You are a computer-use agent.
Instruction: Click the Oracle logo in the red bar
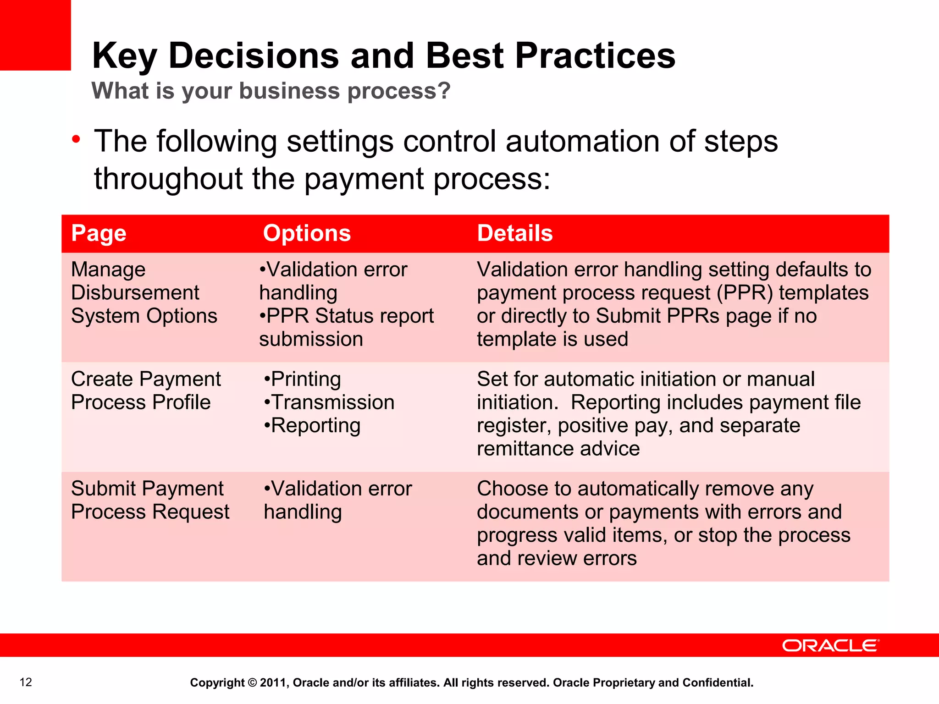830,645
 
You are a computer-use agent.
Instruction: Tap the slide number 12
26,682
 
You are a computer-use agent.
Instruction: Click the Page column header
99,233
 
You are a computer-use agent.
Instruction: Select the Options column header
307,233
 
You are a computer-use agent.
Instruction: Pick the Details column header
515,233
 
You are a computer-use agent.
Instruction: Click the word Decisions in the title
254,55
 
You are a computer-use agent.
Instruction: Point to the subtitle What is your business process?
271,91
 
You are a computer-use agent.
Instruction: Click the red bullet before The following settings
76,139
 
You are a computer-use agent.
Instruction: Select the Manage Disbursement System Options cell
144,292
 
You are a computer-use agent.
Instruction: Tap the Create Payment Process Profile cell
146,390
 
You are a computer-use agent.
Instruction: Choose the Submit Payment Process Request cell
150,500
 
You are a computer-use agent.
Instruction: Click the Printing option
303,379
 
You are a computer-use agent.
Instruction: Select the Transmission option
330,402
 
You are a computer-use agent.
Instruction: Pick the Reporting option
313,425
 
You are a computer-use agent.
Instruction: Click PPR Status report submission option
346,327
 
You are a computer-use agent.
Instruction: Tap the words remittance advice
558,449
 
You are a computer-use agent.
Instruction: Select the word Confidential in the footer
718,682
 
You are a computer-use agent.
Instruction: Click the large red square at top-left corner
35,35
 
